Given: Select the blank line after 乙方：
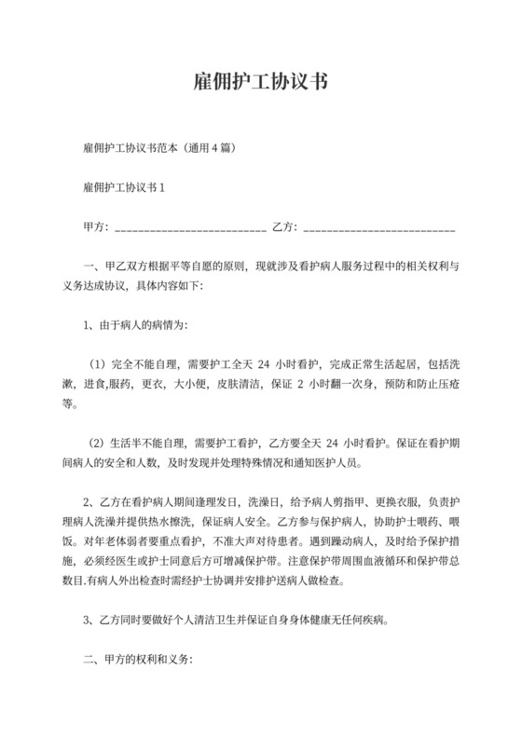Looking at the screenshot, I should (x=379, y=228).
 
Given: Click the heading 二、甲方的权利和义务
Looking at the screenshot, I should (x=137, y=660).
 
